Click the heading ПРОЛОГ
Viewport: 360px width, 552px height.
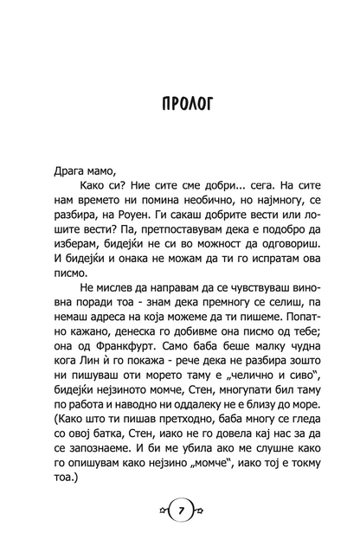click(179, 106)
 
